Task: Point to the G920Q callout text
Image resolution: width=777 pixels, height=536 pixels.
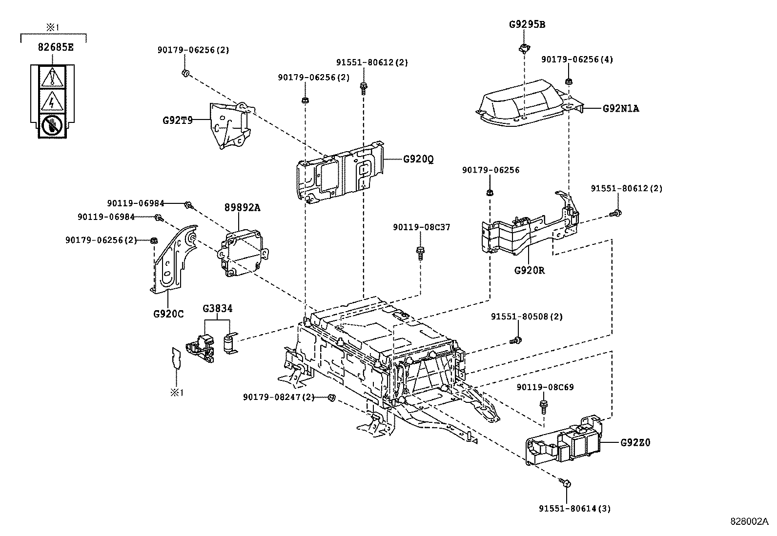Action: point(418,159)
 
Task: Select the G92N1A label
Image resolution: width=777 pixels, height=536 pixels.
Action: point(620,109)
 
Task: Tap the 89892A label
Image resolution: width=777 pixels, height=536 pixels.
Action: point(242,208)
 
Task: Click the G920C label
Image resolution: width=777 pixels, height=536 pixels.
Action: point(168,314)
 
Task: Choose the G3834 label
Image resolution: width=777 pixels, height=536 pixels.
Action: point(218,308)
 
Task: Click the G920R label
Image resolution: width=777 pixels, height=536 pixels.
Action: point(529,270)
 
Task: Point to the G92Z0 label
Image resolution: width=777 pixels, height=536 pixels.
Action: point(635,443)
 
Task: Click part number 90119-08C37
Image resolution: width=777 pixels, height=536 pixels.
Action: point(421,227)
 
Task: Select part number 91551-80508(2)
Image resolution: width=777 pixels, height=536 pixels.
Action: point(527,317)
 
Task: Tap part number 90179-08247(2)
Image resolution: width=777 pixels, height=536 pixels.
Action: point(279,397)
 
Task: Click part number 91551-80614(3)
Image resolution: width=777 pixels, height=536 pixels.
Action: point(574,508)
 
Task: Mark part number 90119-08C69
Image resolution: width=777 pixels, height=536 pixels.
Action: point(545,387)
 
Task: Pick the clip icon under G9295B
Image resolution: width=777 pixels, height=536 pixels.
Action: point(524,47)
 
